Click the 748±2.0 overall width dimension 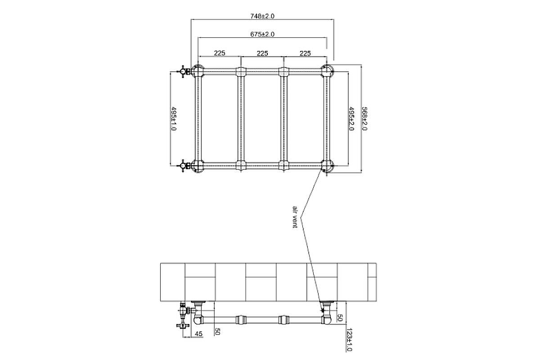(x=262, y=16)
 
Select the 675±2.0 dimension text (x=262, y=34)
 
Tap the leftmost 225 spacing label (x=220, y=53)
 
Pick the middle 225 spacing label (x=262, y=53)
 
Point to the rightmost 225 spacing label (x=305, y=53)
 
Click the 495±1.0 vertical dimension (x=174, y=119)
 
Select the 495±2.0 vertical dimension (x=351, y=119)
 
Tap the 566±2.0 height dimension (x=364, y=119)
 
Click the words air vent (x=295, y=217)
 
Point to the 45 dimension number (x=198, y=334)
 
